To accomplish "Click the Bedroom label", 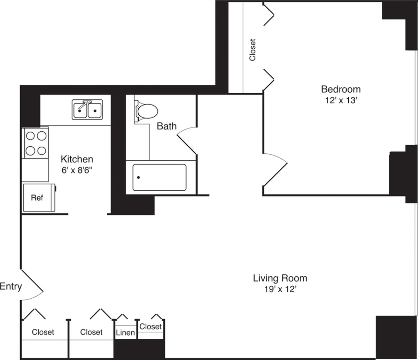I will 340,89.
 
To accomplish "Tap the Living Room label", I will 280,278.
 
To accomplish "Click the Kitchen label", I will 77,160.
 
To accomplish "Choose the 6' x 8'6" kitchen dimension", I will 77,170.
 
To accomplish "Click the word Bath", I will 167,126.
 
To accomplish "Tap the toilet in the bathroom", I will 146,111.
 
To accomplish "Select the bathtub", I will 159,177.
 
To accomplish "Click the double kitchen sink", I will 87,110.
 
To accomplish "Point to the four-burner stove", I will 36,143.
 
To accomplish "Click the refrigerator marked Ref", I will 38,198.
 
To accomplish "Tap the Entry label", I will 11,287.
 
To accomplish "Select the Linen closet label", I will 125,333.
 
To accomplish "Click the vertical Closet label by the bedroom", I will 253,50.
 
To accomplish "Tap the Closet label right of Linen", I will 150,327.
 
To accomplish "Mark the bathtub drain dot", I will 139,177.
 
